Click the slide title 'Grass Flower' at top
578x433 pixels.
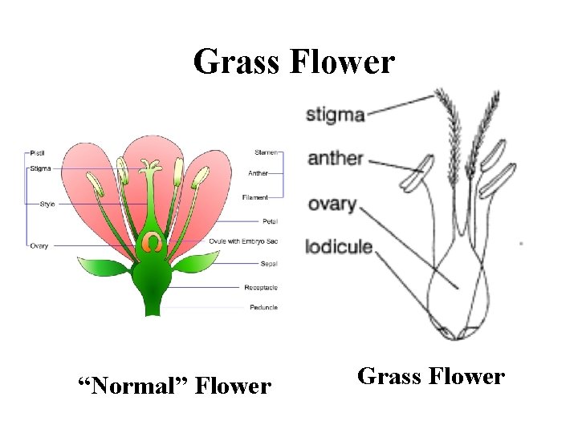(x=294, y=62)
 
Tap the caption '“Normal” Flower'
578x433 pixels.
(x=173, y=387)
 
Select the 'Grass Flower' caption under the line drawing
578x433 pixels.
(x=430, y=376)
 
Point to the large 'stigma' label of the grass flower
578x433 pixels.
(x=336, y=115)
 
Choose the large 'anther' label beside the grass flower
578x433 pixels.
(x=336, y=159)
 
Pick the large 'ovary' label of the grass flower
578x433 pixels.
(x=332, y=204)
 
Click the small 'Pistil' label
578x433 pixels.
(x=37, y=152)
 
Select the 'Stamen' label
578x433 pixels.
(x=267, y=152)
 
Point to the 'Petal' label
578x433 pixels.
(x=270, y=221)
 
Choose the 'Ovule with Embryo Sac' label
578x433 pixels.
(x=243, y=241)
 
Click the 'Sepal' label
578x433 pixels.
(x=269, y=264)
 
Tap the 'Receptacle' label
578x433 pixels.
(x=261, y=287)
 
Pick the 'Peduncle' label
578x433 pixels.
(x=263, y=308)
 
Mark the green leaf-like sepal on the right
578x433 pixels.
(x=195, y=264)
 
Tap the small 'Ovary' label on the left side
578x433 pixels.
(x=39, y=245)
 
